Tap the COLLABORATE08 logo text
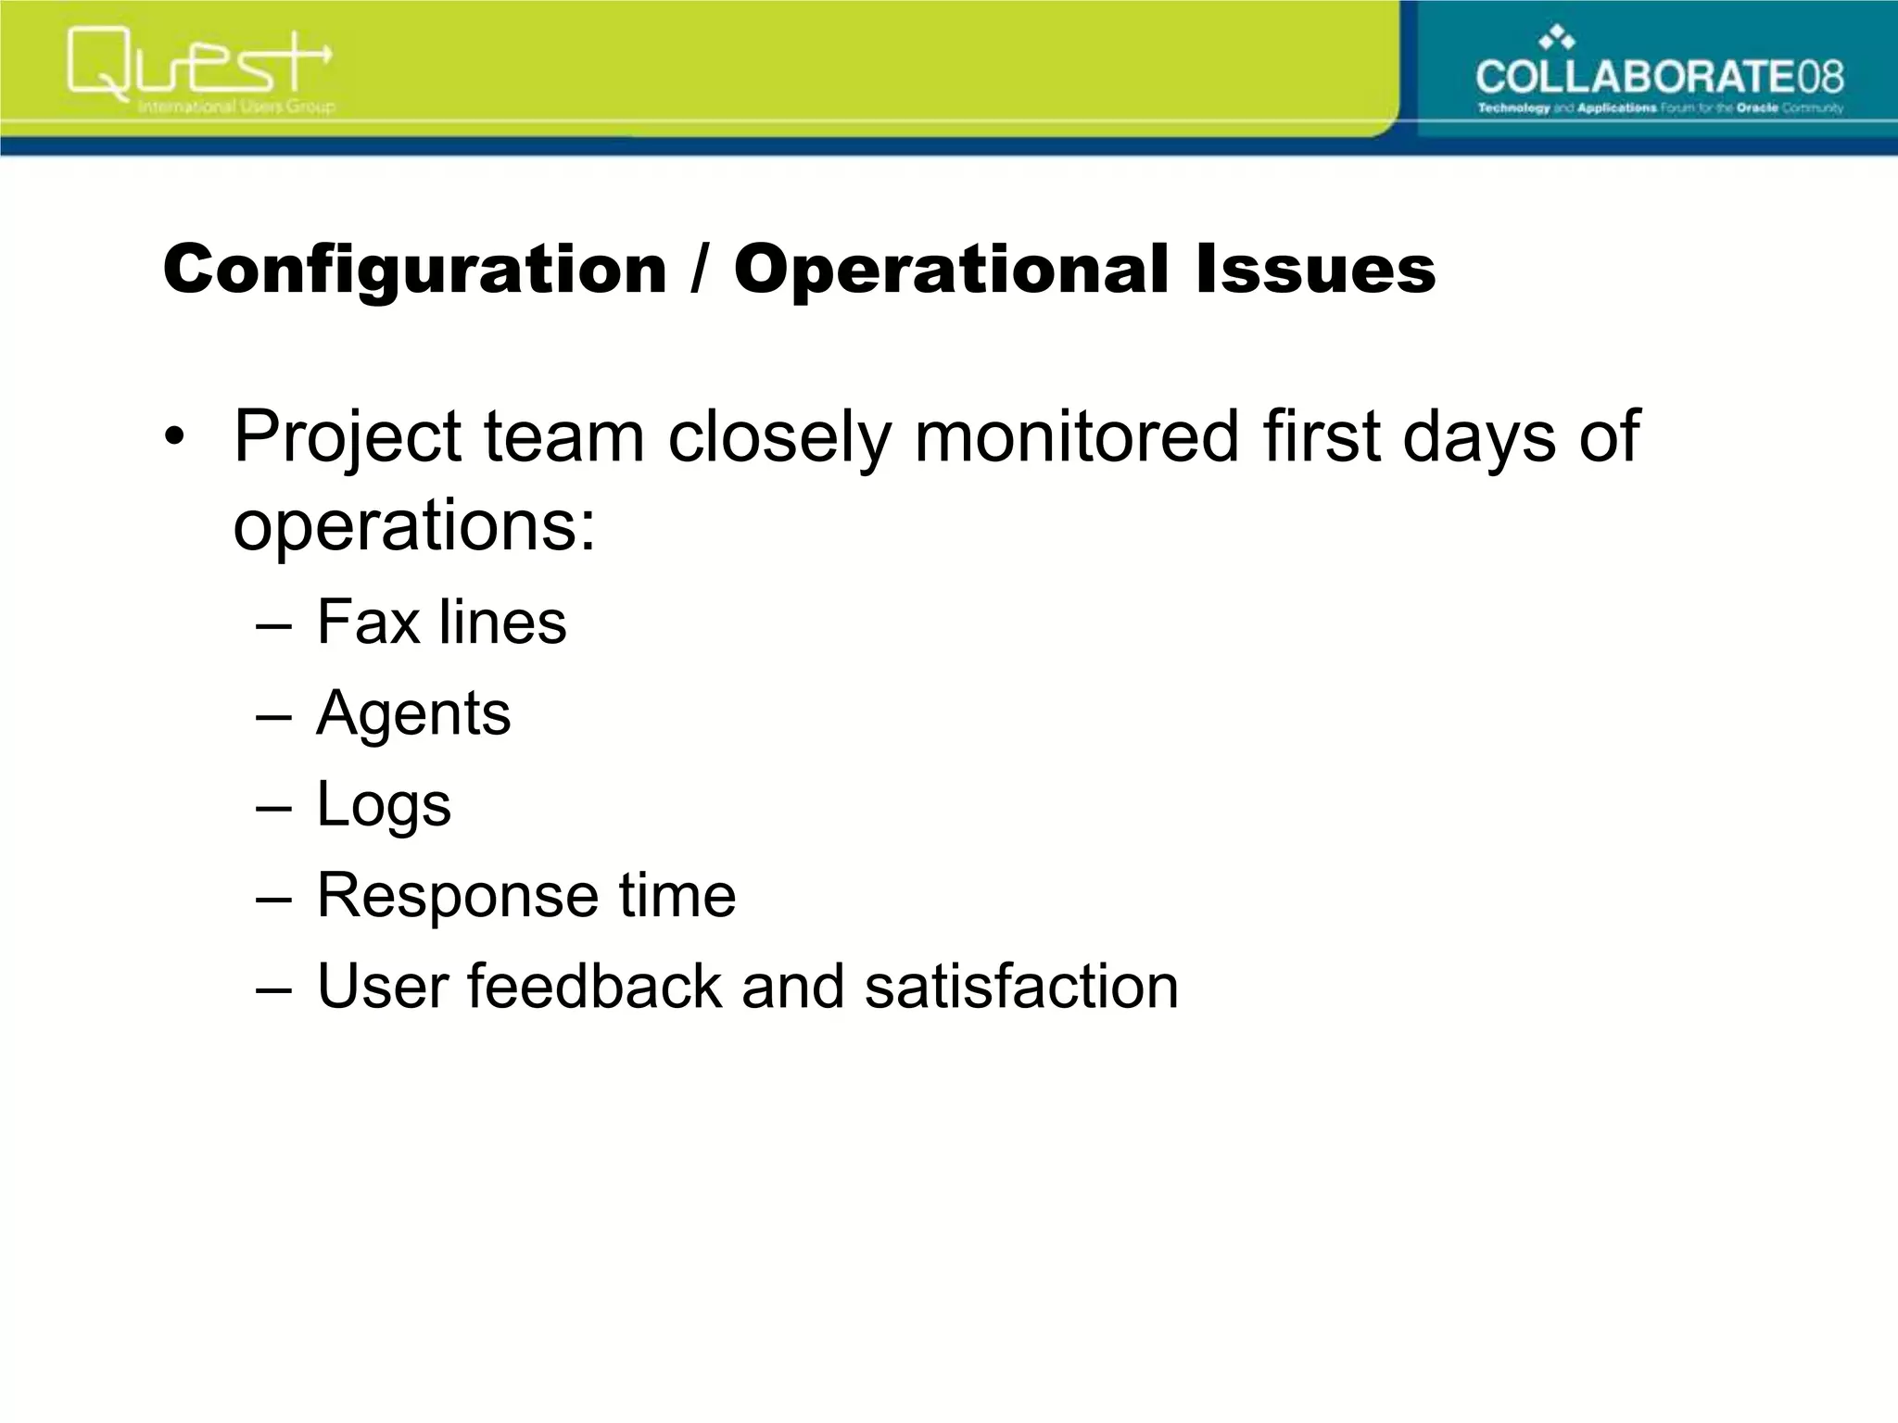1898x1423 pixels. tap(1659, 76)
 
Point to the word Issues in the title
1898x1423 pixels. tap(1315, 269)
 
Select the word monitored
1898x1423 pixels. tap(1076, 435)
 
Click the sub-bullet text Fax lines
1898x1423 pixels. tap(441, 622)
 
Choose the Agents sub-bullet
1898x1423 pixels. tap(413, 714)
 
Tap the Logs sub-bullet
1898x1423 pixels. tap(384, 805)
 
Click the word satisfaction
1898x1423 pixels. tap(1021, 986)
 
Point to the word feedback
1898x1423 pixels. tap(593, 986)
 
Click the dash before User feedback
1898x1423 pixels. tap(273, 988)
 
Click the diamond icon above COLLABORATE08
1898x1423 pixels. tap(1557, 38)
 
